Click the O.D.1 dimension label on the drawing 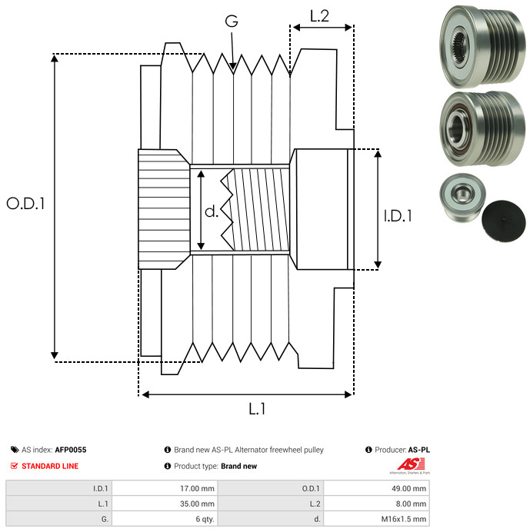tap(26, 204)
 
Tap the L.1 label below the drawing tap(256, 410)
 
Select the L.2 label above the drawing tap(319, 15)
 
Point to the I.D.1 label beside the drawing tap(398, 216)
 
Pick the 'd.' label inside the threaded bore tap(212, 211)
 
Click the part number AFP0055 tap(71, 450)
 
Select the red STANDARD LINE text tap(49, 466)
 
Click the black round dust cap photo tap(502, 219)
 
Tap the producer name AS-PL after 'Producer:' tap(418, 450)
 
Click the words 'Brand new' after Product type tap(238, 466)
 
